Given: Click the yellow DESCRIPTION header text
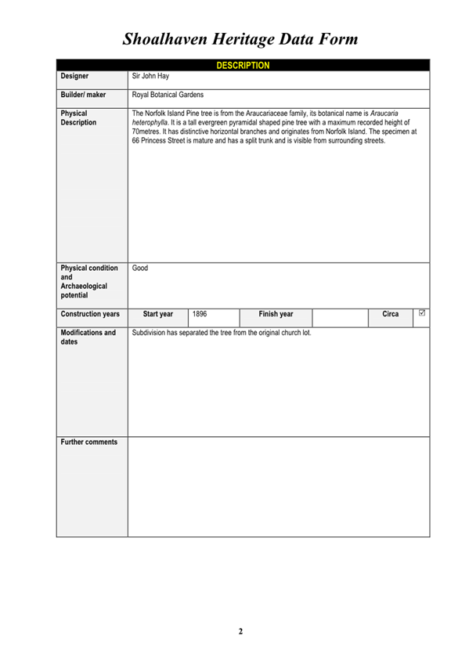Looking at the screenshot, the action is click(243, 65).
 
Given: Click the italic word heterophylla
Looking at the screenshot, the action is click(153, 122).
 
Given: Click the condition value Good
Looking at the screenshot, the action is click(140, 268).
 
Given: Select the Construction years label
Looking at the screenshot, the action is click(90, 314).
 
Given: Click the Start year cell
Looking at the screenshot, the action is click(158, 314).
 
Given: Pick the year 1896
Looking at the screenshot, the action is click(200, 314).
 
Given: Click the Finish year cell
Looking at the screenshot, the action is click(276, 314).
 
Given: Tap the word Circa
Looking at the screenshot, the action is click(390, 314).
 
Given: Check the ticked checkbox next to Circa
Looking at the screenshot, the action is click(422, 313).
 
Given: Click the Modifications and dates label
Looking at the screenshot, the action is click(88, 337).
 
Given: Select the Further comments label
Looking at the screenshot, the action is click(89, 442).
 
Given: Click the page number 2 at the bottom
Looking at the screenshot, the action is click(241, 631).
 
